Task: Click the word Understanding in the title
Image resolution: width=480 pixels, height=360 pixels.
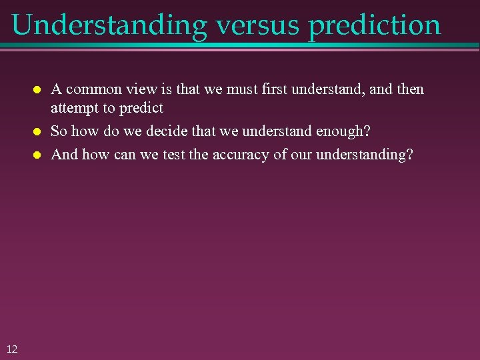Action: coord(109,25)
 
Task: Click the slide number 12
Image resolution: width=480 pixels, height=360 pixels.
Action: coord(12,349)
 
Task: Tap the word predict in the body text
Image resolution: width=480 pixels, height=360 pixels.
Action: coord(141,107)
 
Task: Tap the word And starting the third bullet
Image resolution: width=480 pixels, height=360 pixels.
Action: coord(64,155)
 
